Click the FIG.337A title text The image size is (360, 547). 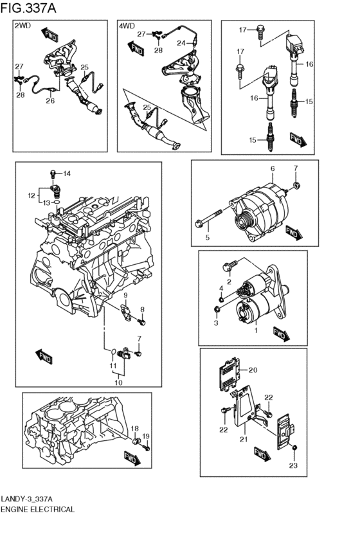pos(28,8)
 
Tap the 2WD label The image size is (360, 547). pos(22,26)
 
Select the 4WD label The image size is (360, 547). pos(127,26)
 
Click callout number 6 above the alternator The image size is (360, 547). pos(273,168)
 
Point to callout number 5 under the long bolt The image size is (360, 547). pos(208,238)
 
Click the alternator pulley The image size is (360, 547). pos(242,222)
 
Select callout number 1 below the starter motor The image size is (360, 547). pos(256,330)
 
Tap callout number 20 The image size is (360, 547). pos(253,370)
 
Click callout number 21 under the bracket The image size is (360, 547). pos(244,439)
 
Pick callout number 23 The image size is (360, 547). pos(293,465)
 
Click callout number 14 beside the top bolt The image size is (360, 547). pos(67,174)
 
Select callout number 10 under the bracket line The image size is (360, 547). pos(118,382)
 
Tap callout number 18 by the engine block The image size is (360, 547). pos(134,429)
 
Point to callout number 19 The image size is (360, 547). pos(146,436)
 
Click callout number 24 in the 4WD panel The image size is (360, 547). pos(181,43)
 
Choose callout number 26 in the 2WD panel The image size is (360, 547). pos(50,100)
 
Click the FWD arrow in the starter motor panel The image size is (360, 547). pos(282,334)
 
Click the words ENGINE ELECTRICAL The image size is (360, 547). pos(37,509)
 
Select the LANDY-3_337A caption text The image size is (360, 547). pos(26,498)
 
